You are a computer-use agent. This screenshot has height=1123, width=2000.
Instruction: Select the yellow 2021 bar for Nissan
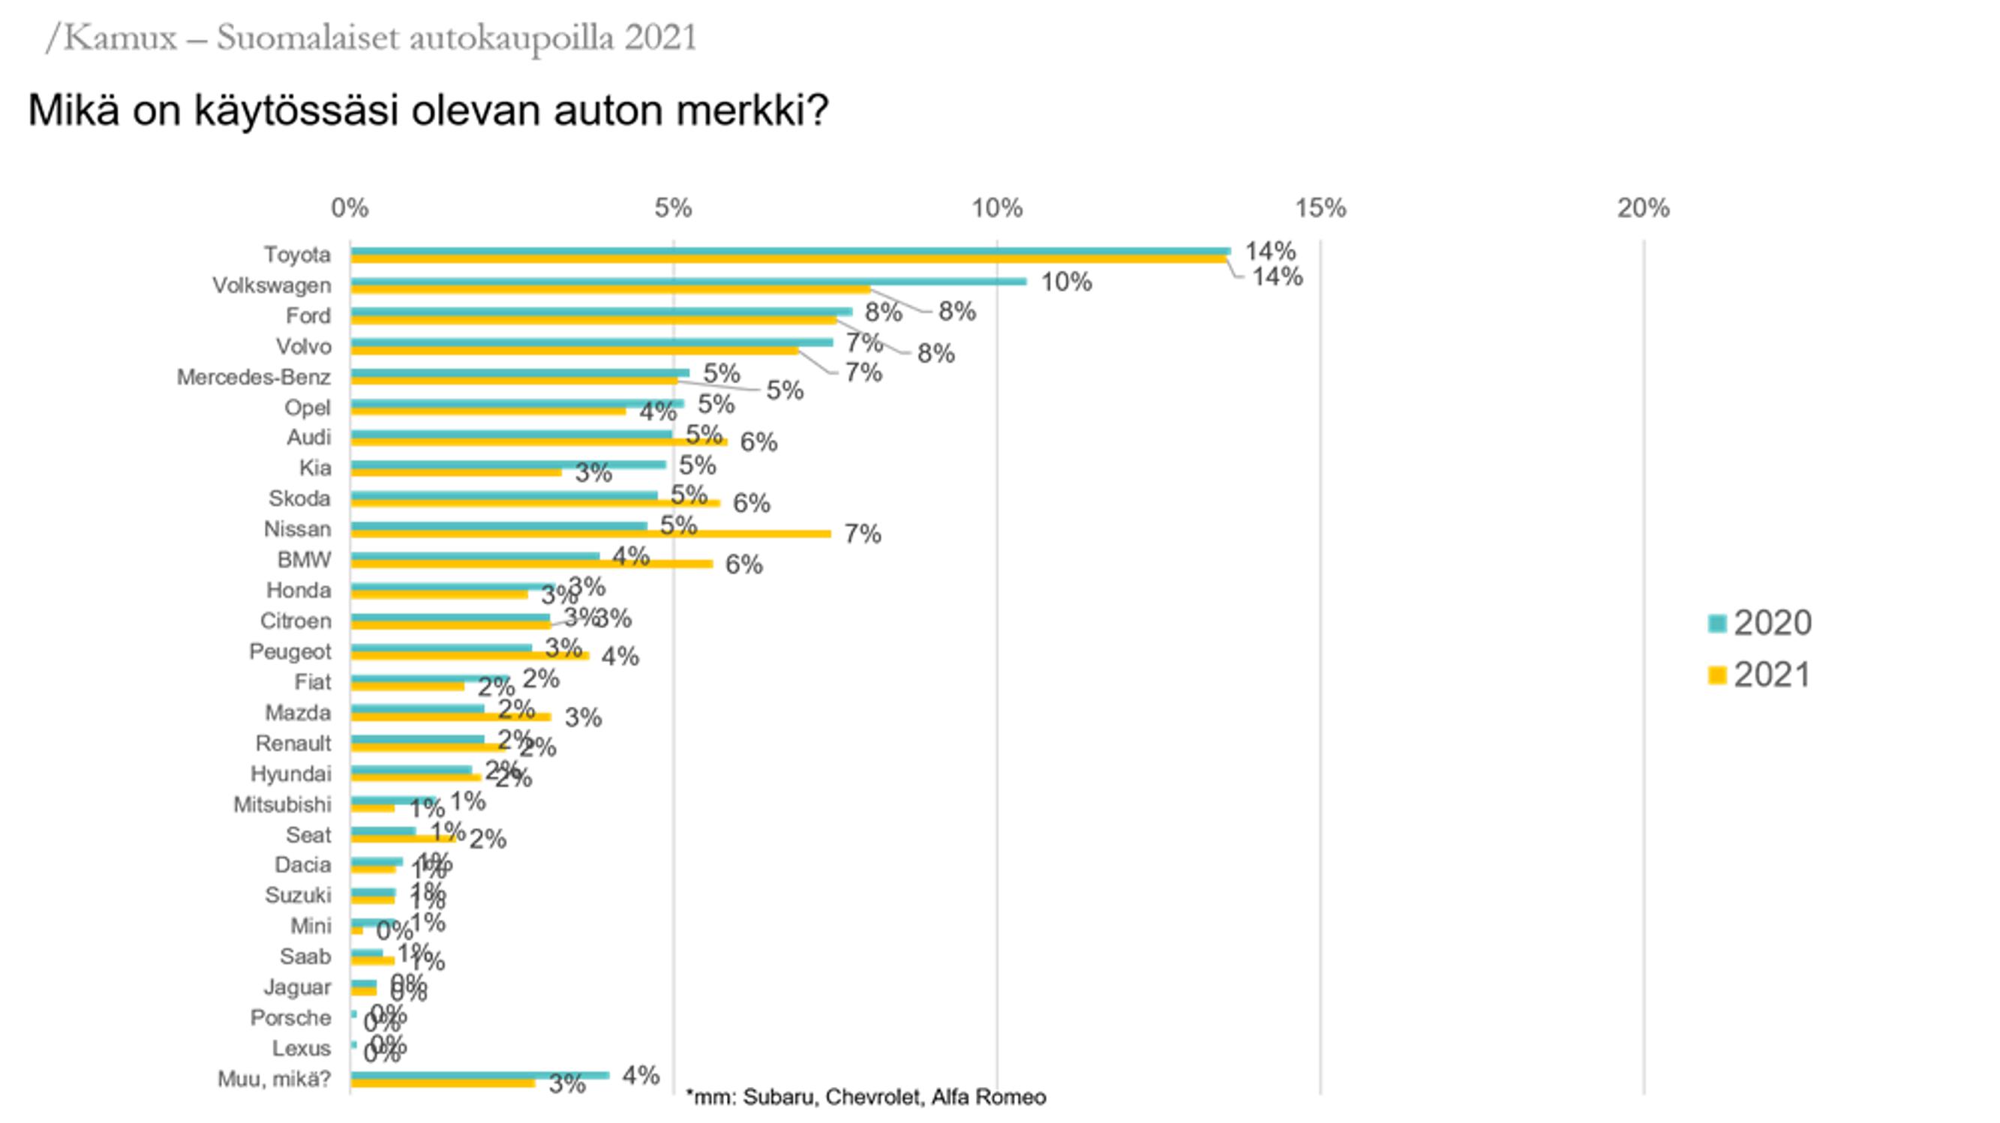pyautogui.click(x=590, y=534)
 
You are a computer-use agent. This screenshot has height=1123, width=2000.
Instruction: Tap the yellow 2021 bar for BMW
pyautogui.click(x=531, y=564)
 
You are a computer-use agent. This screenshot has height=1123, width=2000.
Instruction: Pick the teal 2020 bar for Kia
pyautogui.click(x=508, y=464)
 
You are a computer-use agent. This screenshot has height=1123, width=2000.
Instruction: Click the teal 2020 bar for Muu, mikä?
pyautogui.click(x=479, y=1075)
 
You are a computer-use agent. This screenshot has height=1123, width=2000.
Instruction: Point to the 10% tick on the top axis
pyautogui.click(x=997, y=208)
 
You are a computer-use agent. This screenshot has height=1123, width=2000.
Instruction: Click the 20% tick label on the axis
pyautogui.click(x=1643, y=208)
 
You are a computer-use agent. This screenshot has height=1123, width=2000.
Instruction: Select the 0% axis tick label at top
pyautogui.click(x=350, y=208)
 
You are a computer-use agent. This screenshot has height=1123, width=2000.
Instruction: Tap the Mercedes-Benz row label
pyautogui.click(x=253, y=377)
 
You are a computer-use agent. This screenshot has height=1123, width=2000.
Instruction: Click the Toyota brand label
pyautogui.click(x=296, y=255)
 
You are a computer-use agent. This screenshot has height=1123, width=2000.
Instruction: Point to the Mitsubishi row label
pyautogui.click(x=282, y=805)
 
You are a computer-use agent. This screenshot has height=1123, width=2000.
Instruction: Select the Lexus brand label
pyautogui.click(x=301, y=1049)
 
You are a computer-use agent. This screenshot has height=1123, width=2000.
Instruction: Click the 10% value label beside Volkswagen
pyautogui.click(x=1066, y=282)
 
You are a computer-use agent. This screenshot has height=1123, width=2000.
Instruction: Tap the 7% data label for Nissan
pyautogui.click(x=863, y=534)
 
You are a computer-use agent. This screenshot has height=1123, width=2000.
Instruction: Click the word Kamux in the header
pyautogui.click(x=119, y=37)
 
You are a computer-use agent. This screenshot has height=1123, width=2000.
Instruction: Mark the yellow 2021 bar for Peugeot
pyautogui.click(x=469, y=656)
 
